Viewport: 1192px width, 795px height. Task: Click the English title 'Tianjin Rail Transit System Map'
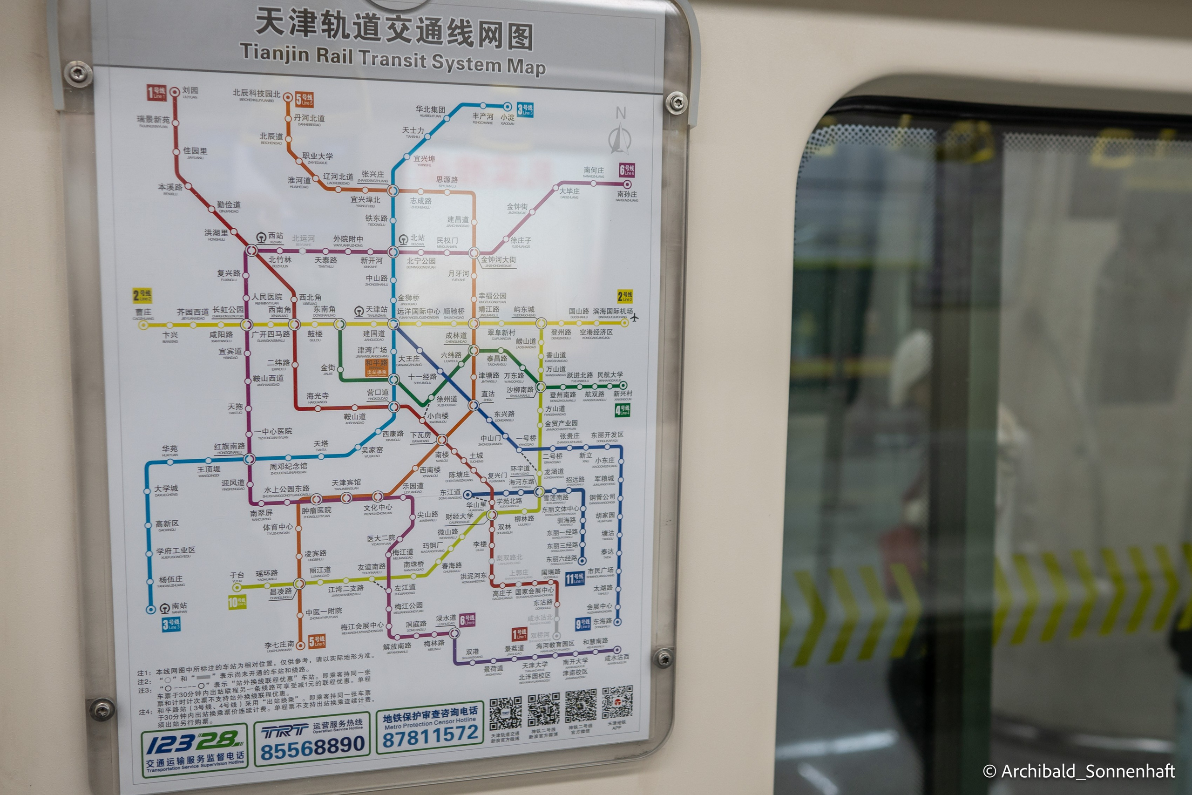393,59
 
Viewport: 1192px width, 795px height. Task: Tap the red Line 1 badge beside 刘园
156,93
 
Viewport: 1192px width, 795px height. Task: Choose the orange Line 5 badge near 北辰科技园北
305,99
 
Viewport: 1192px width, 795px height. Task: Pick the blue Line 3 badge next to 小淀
525,109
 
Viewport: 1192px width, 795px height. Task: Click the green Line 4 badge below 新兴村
623,410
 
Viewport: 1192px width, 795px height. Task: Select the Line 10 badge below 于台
237,602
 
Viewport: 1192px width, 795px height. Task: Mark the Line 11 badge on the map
575,578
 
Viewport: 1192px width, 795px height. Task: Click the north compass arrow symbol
619,136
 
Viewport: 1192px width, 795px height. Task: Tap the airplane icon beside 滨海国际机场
634,318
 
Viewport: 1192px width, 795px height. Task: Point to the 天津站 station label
376,309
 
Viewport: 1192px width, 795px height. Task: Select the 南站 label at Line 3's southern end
178,606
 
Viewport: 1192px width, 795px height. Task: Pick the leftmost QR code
505,713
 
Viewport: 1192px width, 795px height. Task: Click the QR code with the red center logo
618,703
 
